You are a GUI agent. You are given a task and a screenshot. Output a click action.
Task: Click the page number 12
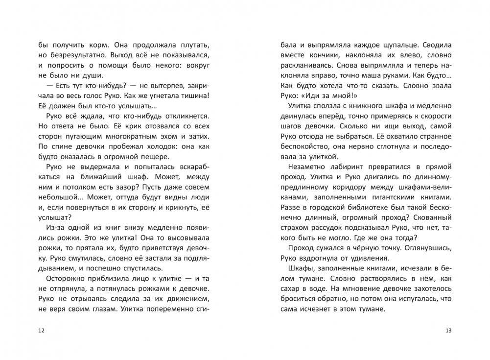point(41,331)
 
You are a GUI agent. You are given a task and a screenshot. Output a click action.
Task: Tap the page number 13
point(449,331)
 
